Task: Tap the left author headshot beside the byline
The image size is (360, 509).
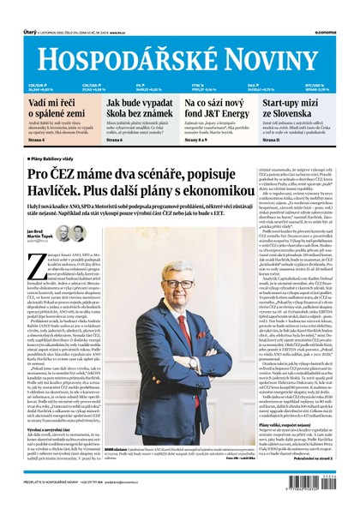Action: pyautogui.click(x=59, y=233)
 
